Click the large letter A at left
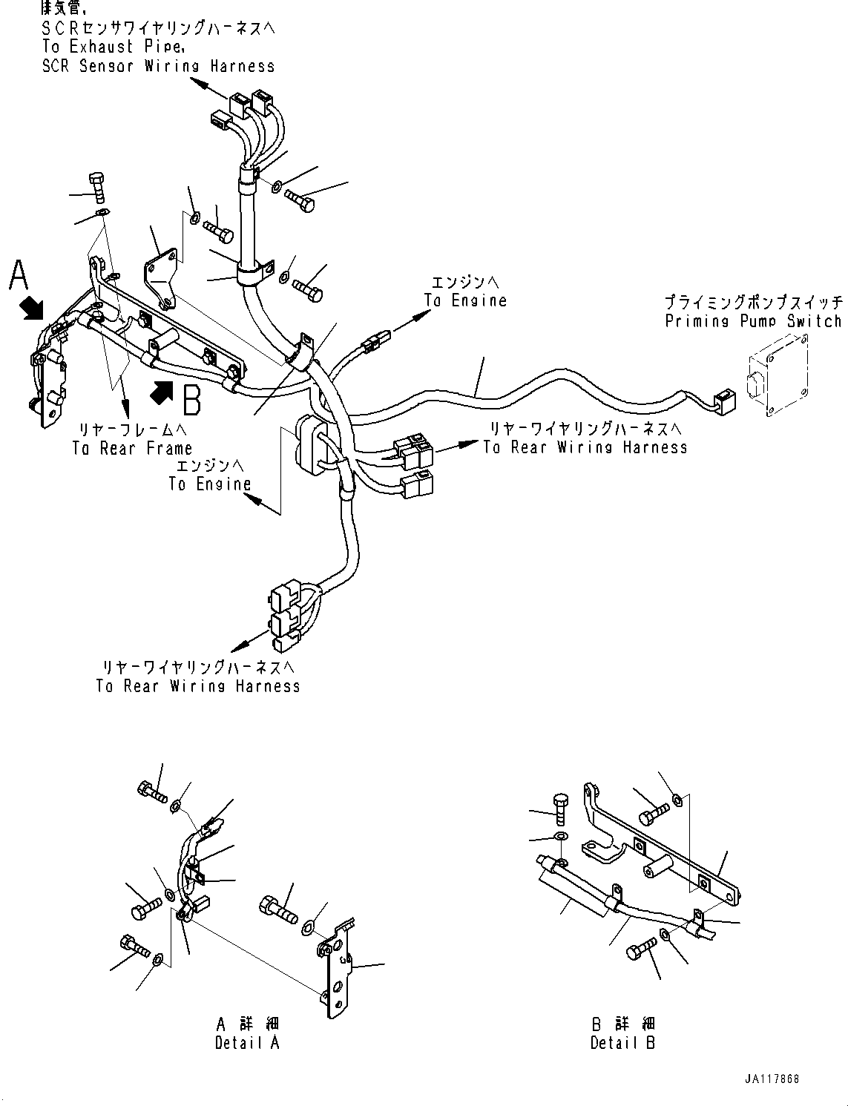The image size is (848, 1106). pos(19,276)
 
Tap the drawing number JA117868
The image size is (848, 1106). pos(773,1079)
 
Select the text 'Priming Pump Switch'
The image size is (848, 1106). pos(753,321)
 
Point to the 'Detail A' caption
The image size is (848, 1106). pos(246,1042)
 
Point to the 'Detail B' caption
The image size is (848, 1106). pos(622,1042)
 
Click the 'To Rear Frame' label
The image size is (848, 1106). pos(132,448)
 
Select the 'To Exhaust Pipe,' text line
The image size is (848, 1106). pos(113,46)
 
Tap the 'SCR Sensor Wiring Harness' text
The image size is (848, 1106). pos(158,66)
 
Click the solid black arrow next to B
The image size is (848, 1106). pos(164,393)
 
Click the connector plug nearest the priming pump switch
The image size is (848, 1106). pos(722,401)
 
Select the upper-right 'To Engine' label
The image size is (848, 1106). pos(465,300)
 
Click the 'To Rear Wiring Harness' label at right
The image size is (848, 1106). pos(585,447)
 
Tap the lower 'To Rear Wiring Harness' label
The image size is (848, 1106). pos(198,686)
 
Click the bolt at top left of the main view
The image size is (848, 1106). pos(96,187)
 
